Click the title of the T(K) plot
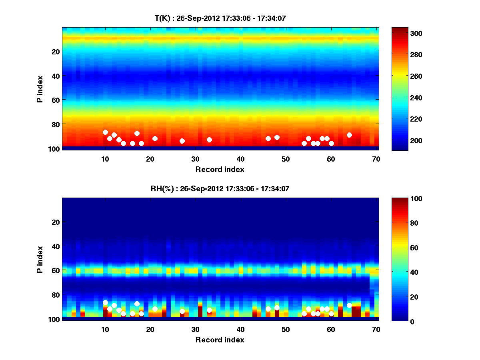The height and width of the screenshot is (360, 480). click(x=220, y=18)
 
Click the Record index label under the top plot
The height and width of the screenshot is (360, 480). click(x=220, y=169)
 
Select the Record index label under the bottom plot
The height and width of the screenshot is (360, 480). click(x=220, y=340)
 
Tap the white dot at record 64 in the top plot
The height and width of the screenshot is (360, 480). click(x=349, y=135)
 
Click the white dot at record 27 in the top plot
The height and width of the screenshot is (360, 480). click(x=182, y=141)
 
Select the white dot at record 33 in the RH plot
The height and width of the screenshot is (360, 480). click(x=209, y=310)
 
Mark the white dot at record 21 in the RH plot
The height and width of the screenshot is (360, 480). click(x=155, y=309)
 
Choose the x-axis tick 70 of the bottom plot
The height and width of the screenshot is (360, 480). click(x=376, y=329)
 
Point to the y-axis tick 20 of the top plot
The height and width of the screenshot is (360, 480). click(x=55, y=52)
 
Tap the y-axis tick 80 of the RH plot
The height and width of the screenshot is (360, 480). click(x=55, y=295)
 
